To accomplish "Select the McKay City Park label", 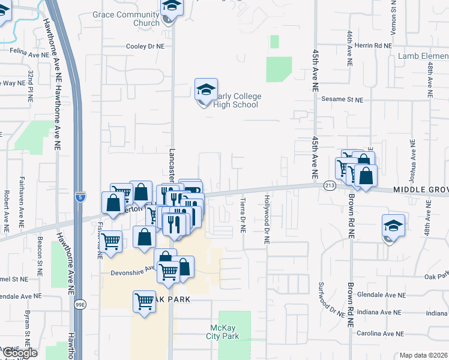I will (225, 332).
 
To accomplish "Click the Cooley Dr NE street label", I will (145, 46).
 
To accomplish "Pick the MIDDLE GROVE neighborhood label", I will (420, 190).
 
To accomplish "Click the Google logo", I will (19, 353).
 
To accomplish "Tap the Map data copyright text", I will (424, 355).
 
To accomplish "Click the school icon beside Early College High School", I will (206, 91).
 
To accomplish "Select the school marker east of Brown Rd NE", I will (393, 226).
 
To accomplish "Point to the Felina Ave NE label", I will (28, 55).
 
